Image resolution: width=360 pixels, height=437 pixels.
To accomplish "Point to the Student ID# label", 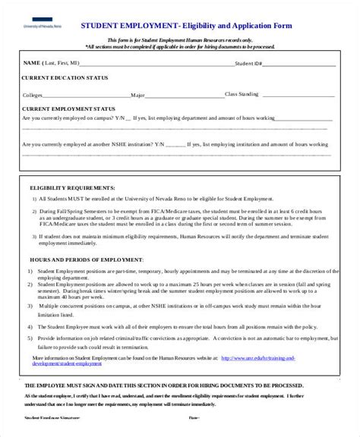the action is [x=250, y=64].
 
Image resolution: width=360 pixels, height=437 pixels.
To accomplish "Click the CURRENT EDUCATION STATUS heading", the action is [x=65, y=77].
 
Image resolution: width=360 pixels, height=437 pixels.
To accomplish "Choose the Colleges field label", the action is [x=33, y=96].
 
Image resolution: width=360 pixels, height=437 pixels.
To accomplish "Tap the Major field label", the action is [x=137, y=96].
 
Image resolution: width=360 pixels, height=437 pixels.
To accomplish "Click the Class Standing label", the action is [x=242, y=94].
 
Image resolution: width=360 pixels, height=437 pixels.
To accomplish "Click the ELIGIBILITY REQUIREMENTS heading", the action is [x=71, y=186].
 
